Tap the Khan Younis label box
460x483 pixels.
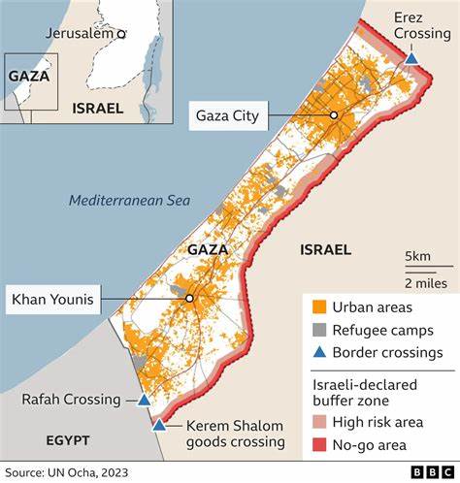tap(52, 300)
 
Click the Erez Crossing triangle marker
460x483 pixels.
tap(411, 59)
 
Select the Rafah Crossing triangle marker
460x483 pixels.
tap(144, 400)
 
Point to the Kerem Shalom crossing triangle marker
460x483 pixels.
tap(158, 424)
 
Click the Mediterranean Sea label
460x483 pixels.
tap(130, 201)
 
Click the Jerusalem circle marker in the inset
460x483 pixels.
tap(121, 34)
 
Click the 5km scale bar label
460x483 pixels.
tap(418, 256)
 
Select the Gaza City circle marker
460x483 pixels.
tap(333, 114)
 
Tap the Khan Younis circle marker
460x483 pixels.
tap(190, 299)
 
